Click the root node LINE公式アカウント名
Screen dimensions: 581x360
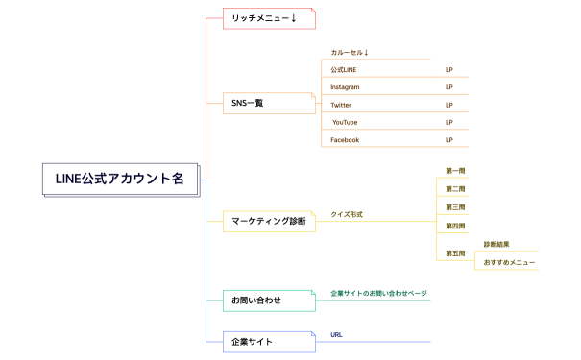[119, 179]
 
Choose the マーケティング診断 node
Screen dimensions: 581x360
[268, 222]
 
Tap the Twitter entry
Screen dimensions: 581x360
[341, 105]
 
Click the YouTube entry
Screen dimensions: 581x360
[345, 122]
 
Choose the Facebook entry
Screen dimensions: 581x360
[345, 140]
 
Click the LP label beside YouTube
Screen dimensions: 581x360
[449, 122]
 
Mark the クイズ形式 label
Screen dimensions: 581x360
[347, 214]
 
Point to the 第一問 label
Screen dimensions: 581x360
[455, 171]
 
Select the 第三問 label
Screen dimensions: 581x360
[455, 207]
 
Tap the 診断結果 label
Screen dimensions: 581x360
[496, 245]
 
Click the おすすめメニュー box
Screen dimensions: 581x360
[509, 262]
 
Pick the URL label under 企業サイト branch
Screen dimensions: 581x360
[336, 335]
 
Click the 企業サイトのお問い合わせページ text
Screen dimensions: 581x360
[377, 293]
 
